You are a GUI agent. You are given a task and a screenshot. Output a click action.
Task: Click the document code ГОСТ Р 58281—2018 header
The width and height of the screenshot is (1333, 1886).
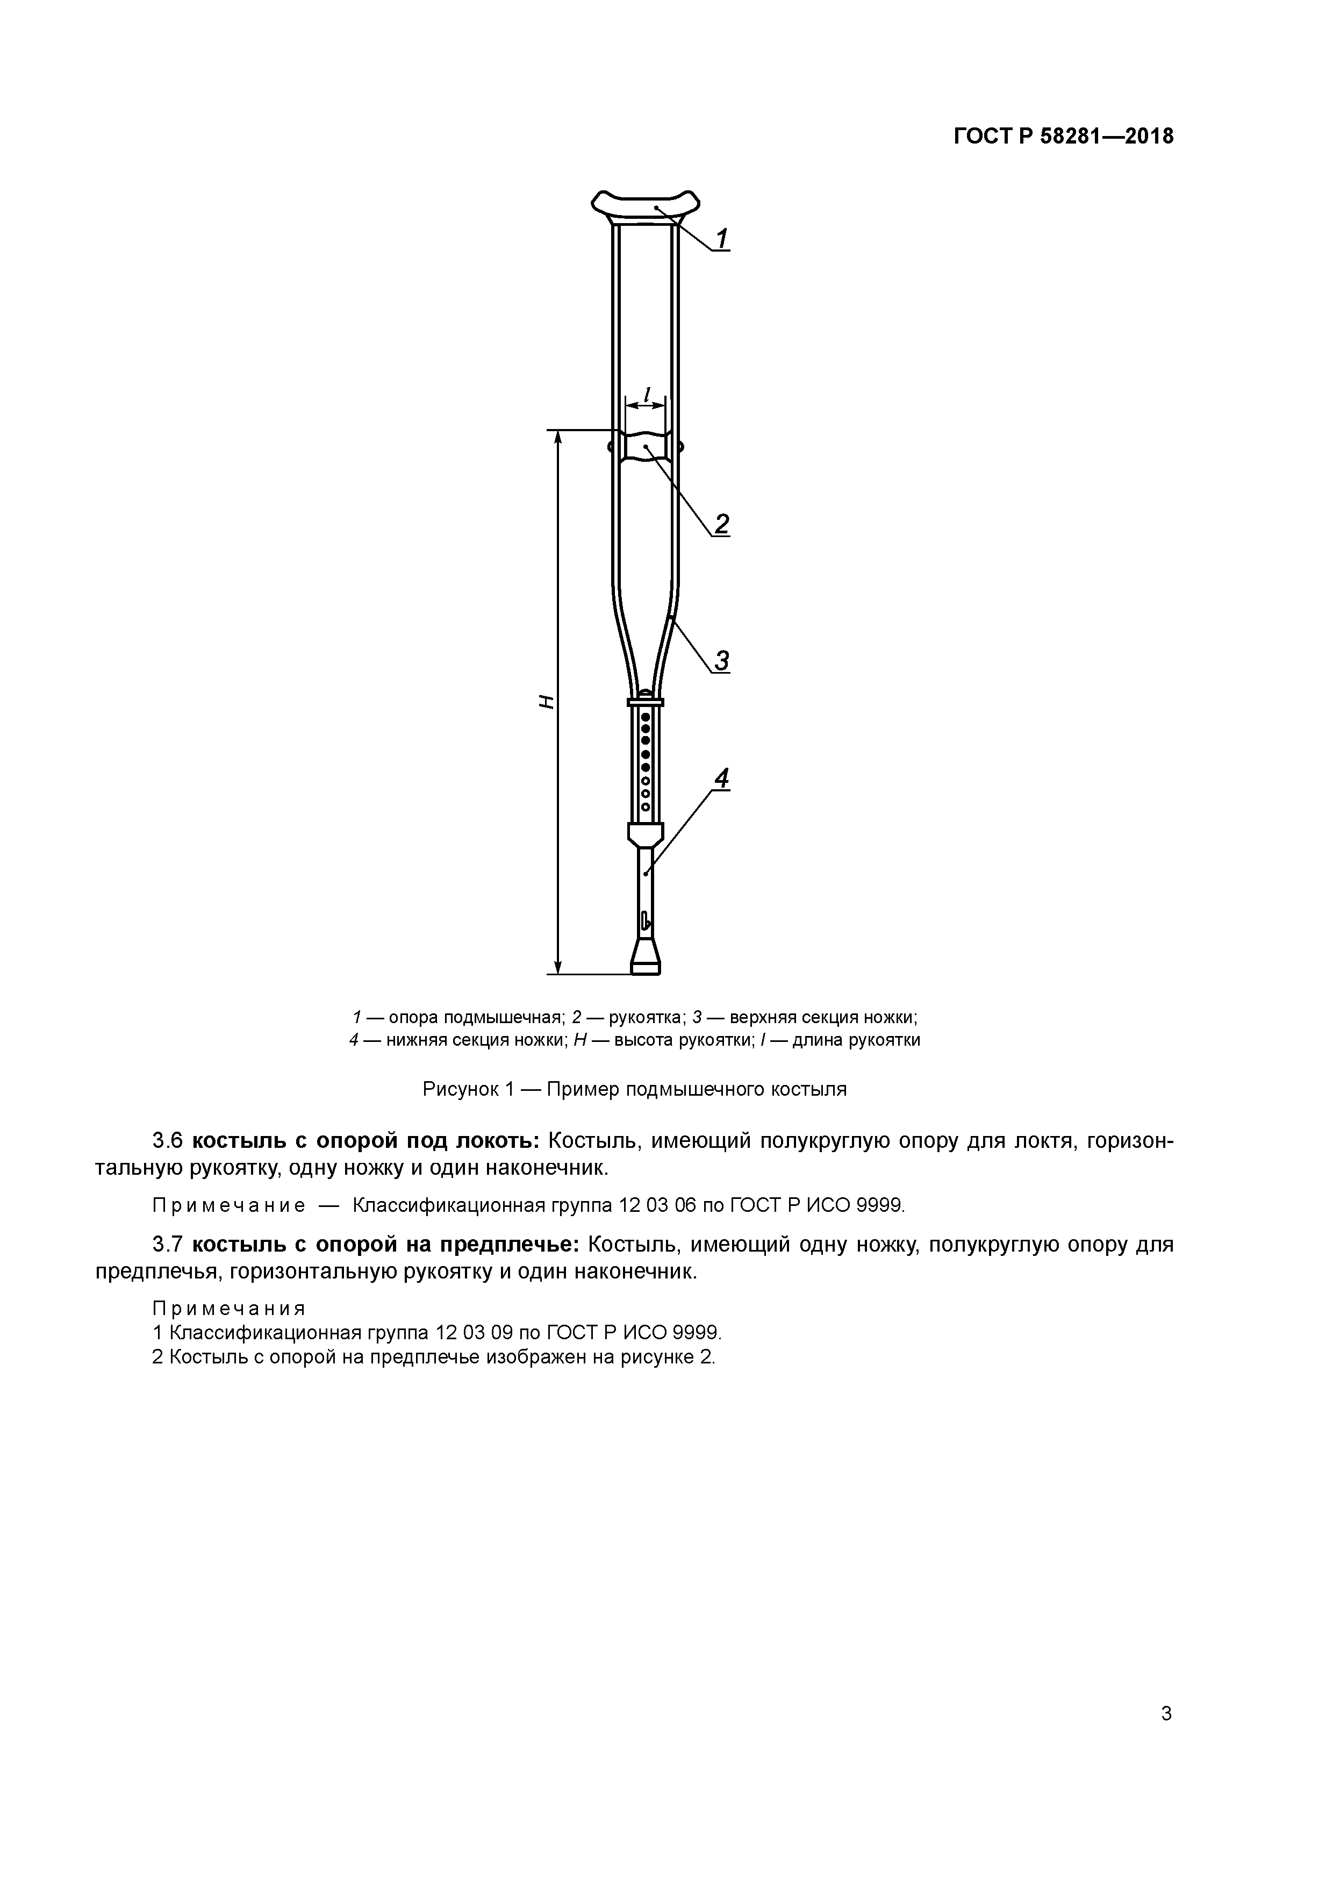click(1064, 137)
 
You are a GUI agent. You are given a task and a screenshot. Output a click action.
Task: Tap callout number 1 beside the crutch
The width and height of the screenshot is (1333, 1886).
click(721, 239)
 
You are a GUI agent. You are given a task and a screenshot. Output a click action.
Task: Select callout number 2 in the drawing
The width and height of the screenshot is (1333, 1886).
click(721, 524)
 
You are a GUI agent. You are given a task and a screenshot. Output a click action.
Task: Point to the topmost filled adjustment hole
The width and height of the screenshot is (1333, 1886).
click(646, 717)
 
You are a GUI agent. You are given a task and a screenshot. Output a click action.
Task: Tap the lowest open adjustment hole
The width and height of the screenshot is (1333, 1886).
click(646, 806)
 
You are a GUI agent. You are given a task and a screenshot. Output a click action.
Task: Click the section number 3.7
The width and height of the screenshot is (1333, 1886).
click(168, 1245)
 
